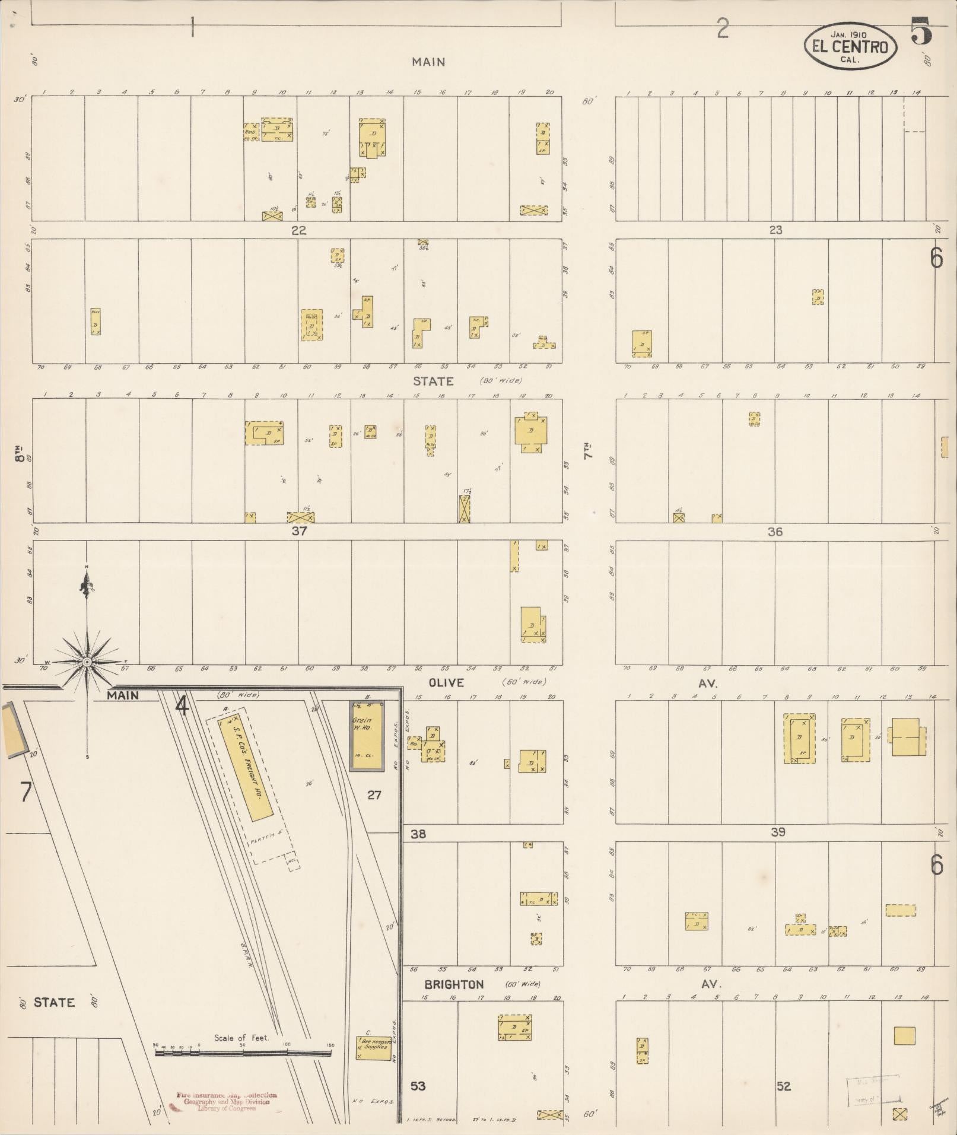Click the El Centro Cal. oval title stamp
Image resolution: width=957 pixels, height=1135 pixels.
(850, 46)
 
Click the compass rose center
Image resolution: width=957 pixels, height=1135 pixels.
(87, 662)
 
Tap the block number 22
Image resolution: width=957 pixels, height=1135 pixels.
(298, 230)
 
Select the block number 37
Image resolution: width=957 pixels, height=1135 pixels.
(299, 531)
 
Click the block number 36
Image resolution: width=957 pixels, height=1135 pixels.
(775, 532)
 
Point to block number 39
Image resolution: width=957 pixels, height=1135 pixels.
(778, 832)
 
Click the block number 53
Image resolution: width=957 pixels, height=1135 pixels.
(418, 1086)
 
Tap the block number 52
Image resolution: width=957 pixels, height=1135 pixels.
(784, 1086)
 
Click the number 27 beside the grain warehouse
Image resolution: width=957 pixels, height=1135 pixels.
(374, 795)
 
